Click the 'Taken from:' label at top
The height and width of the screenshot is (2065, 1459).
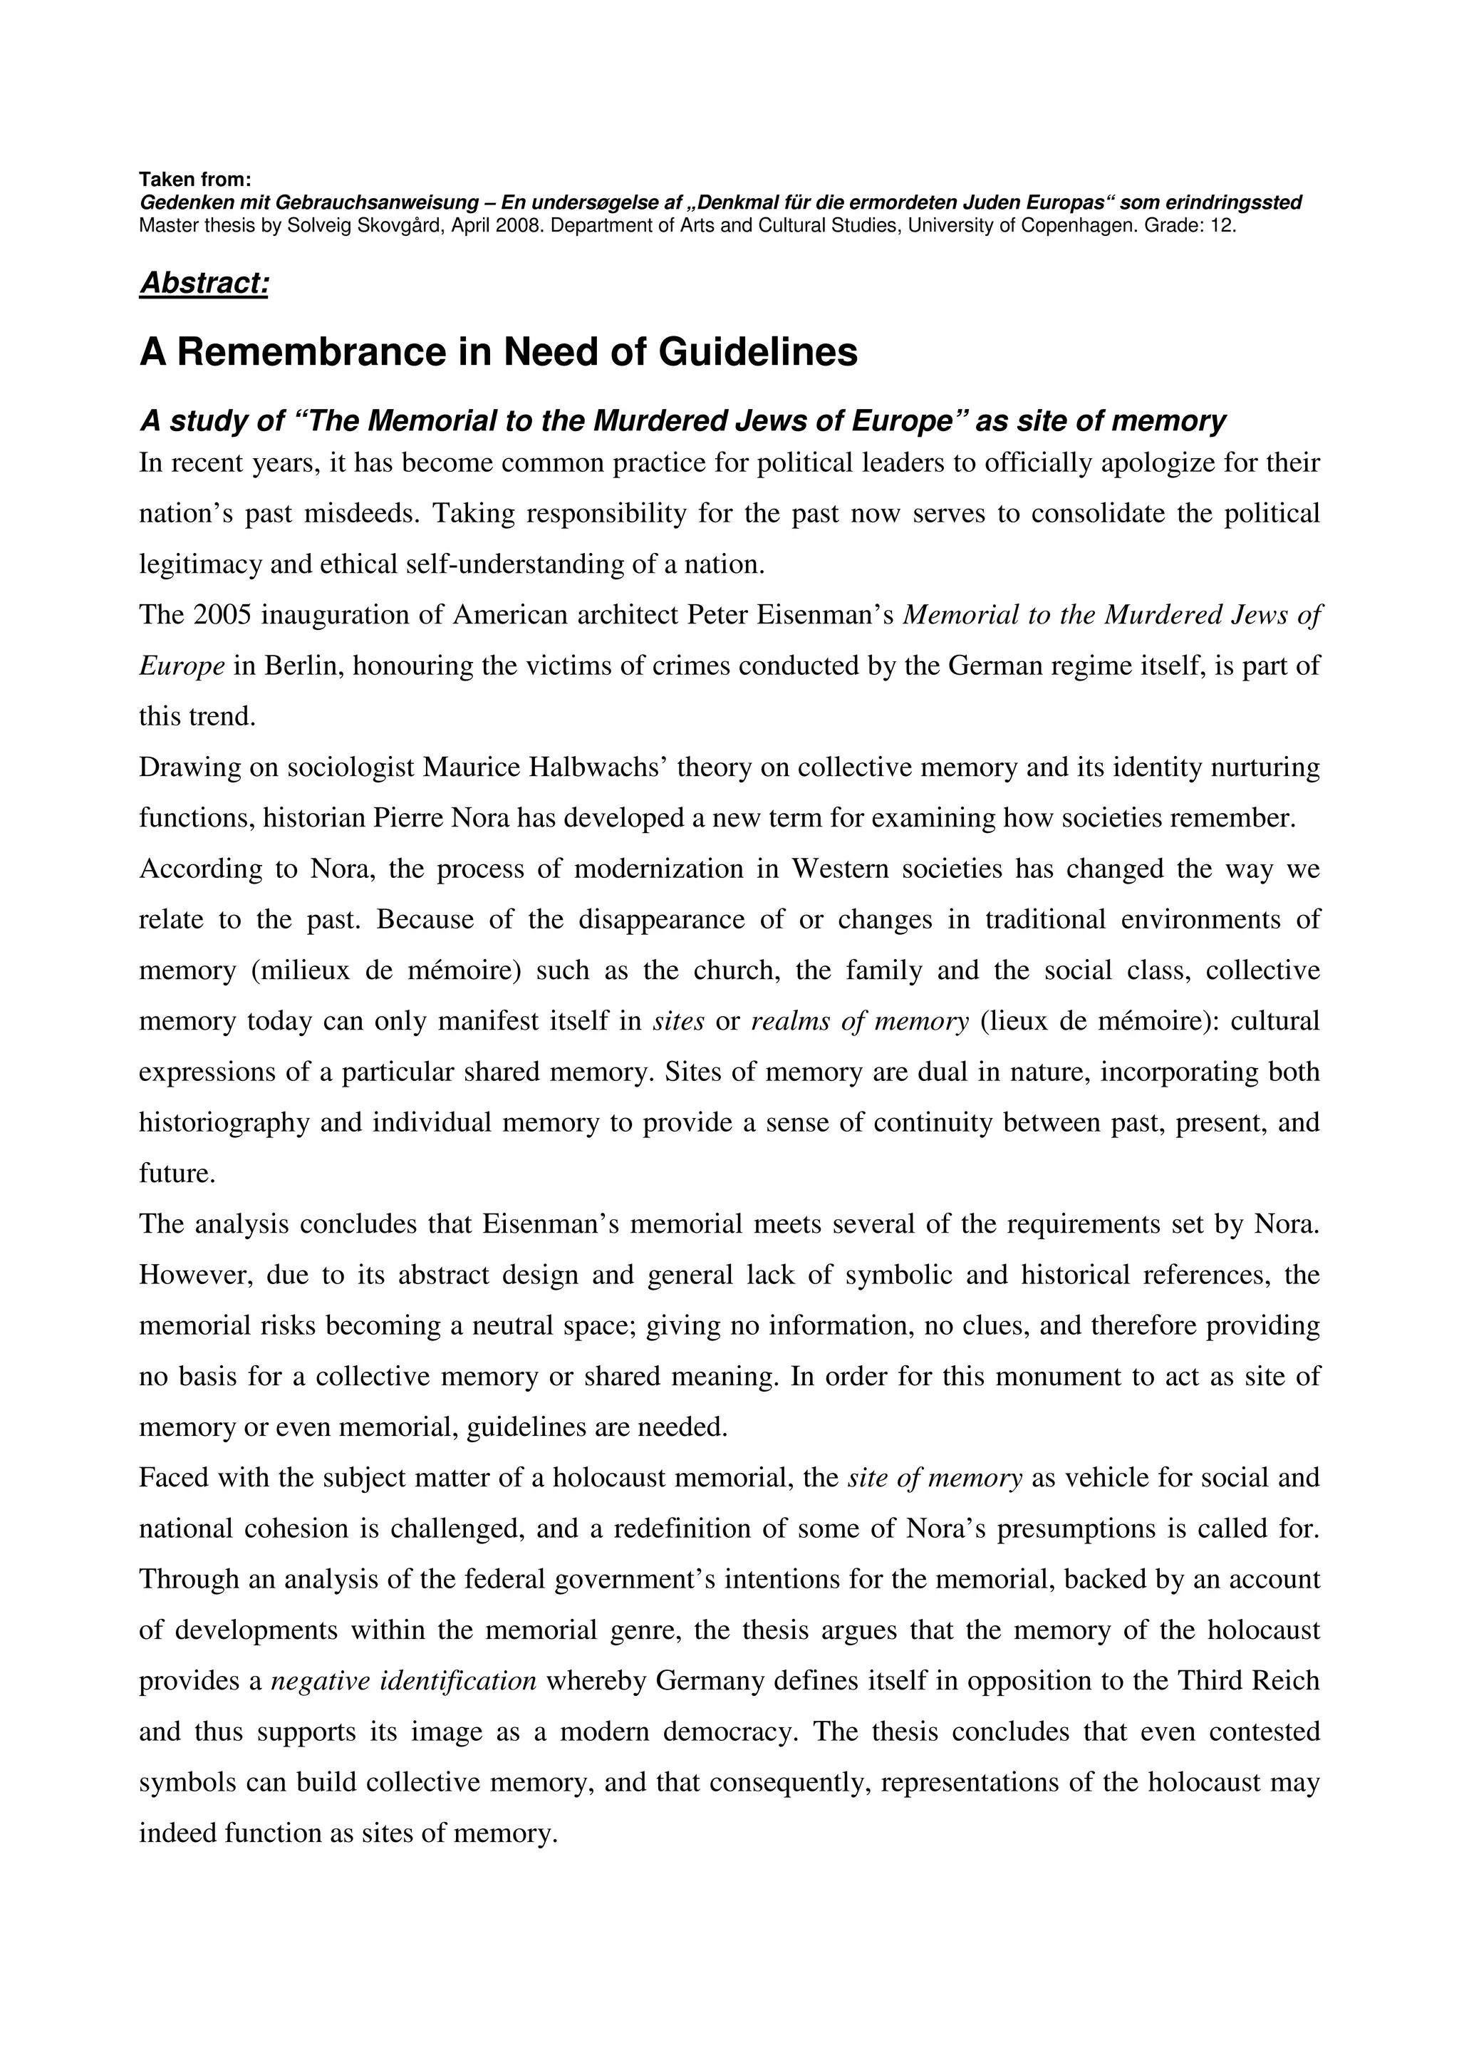195,179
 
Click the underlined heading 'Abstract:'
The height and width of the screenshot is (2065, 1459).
204,284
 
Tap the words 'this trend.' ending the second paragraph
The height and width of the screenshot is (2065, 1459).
197,717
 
